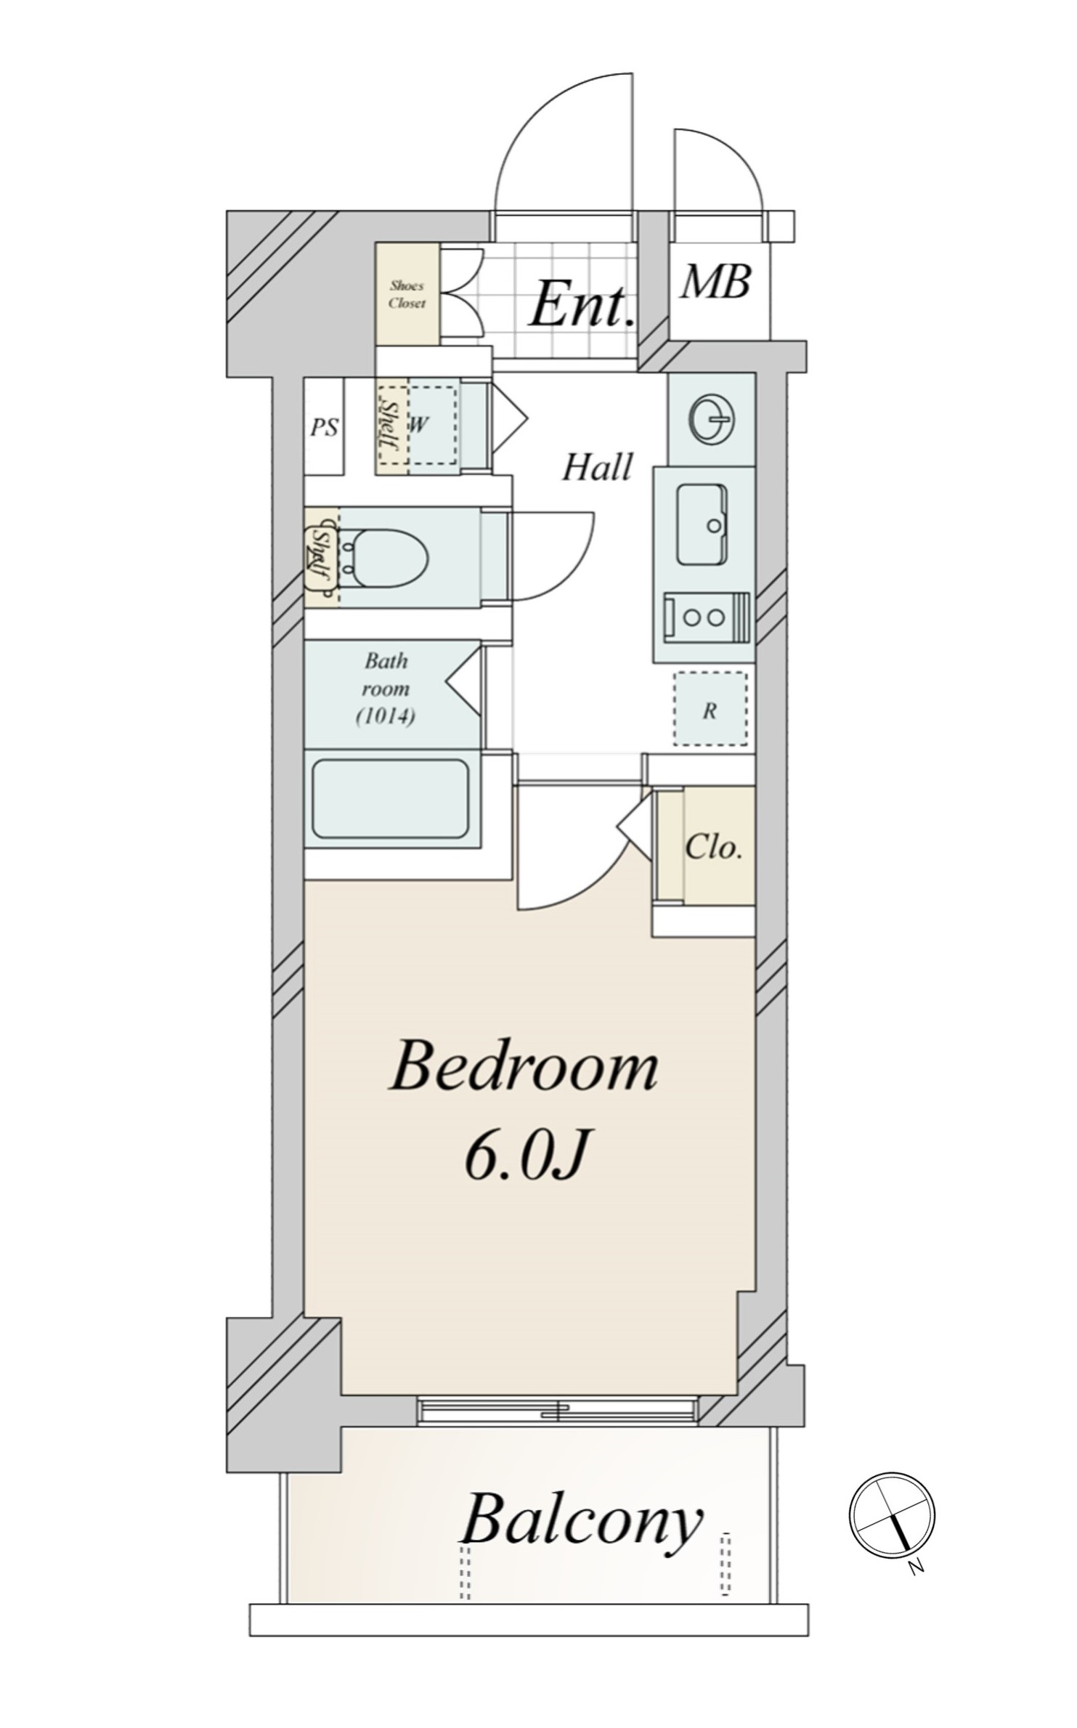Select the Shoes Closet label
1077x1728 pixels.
point(407,294)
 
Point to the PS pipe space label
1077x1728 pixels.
point(324,427)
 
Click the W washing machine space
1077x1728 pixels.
point(433,425)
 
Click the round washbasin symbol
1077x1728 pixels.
point(712,420)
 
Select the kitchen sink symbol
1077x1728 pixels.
point(702,524)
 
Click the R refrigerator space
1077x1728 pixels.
point(710,709)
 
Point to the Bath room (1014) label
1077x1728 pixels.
point(386,689)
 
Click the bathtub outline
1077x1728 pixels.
point(391,799)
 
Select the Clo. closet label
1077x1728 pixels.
point(714,847)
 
